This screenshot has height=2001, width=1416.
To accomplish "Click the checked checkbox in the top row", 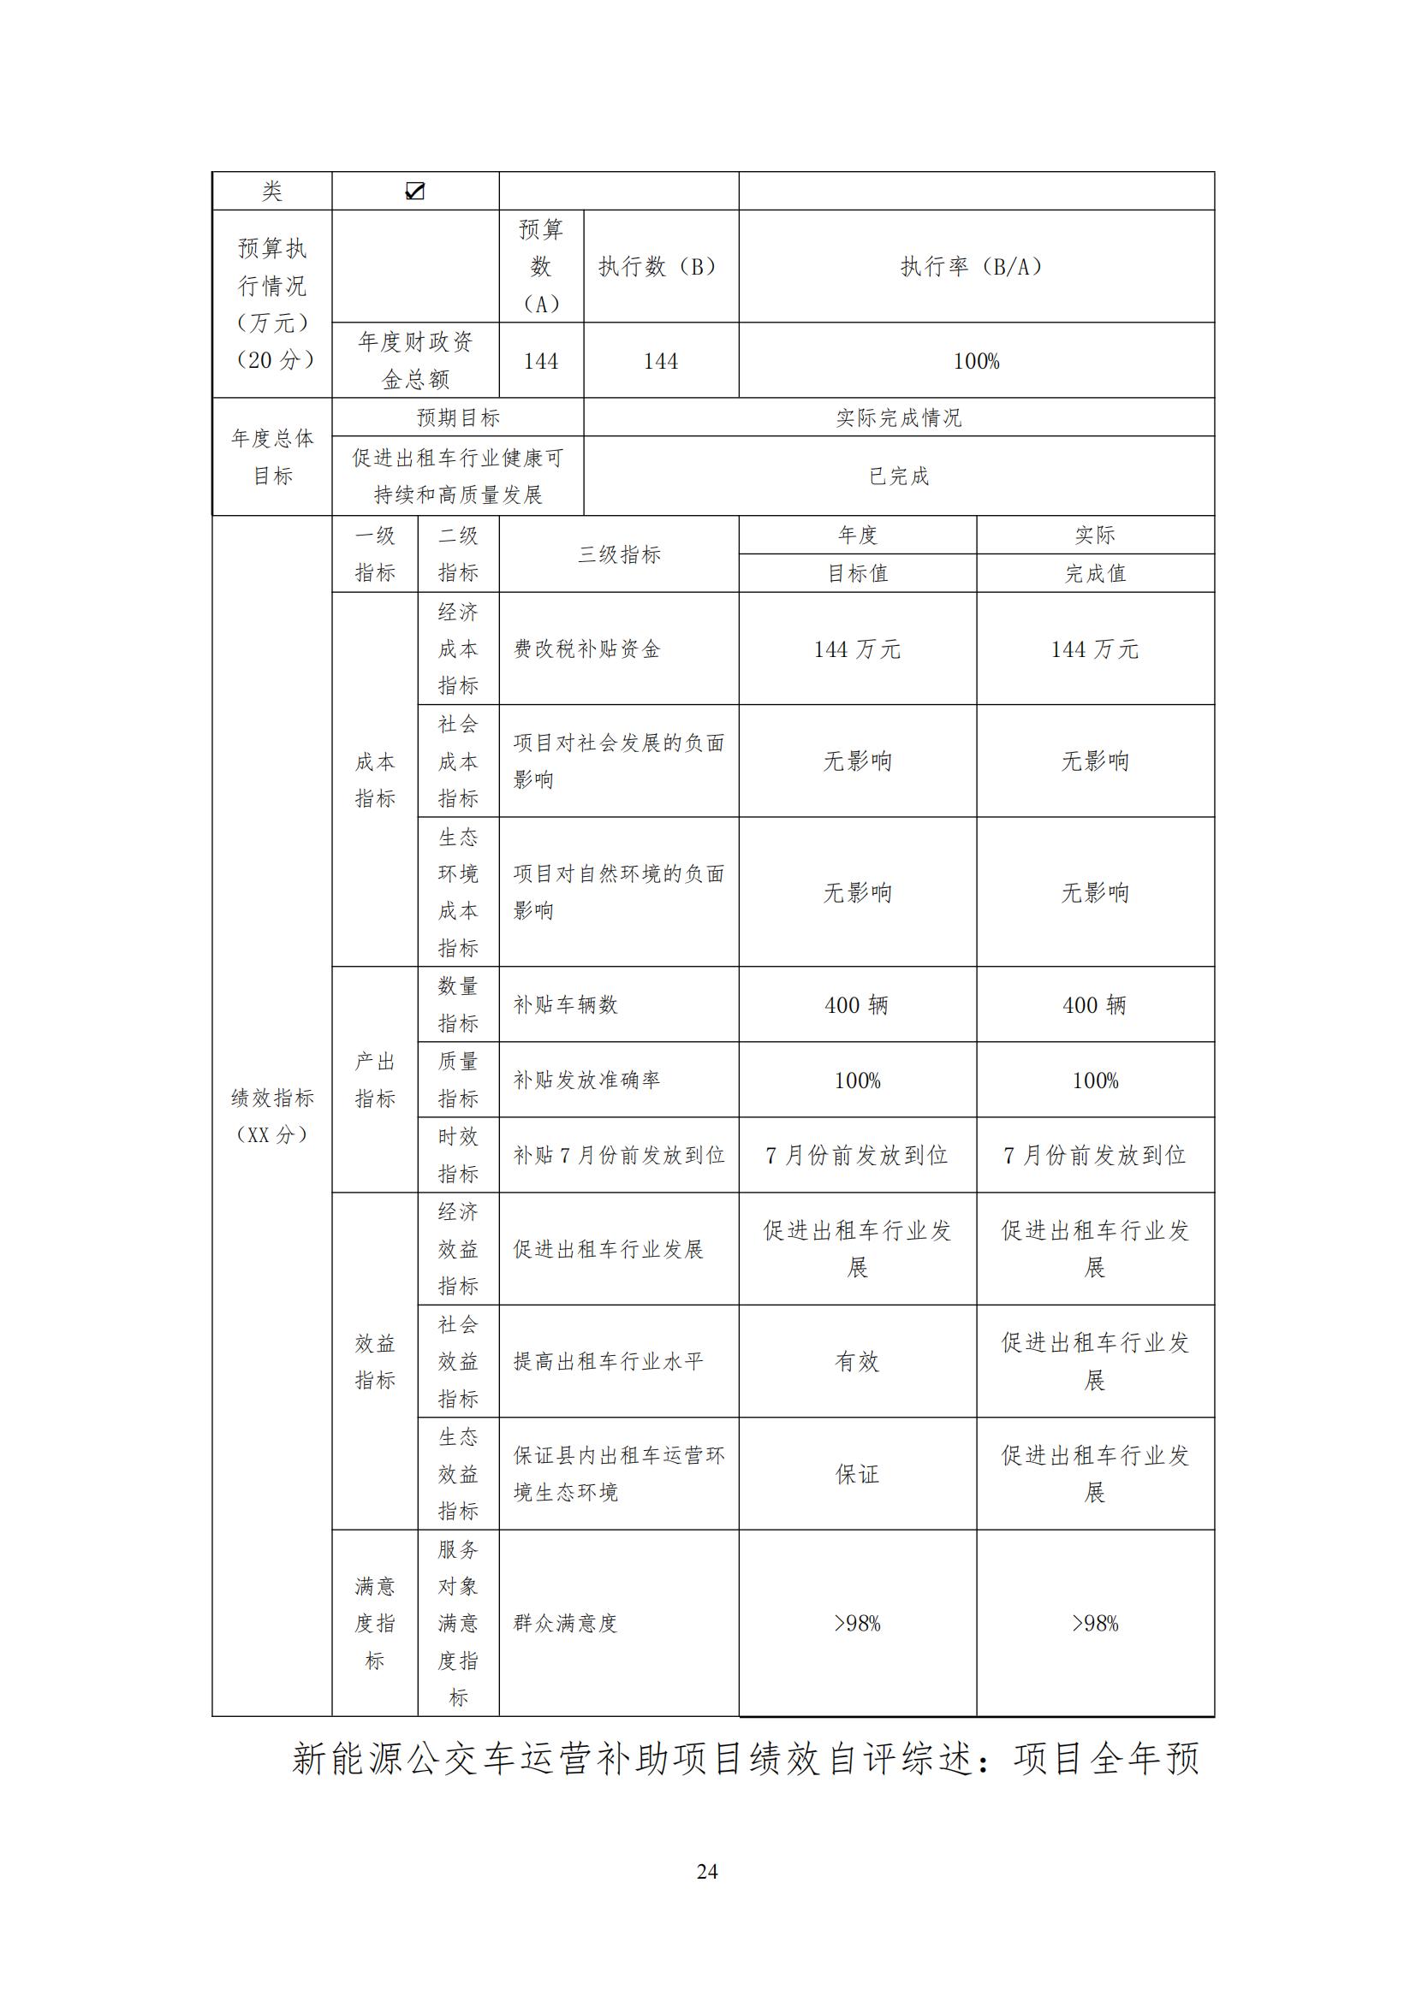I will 415,191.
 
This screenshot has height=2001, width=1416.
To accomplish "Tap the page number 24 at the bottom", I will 707,1871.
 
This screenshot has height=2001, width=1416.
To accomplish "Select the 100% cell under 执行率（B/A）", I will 976,361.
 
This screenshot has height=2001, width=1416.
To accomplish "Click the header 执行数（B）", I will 660,267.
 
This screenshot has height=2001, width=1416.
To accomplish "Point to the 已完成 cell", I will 898,476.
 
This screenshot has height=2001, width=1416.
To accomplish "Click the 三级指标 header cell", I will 618,554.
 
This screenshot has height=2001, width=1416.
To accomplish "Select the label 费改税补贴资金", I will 586,649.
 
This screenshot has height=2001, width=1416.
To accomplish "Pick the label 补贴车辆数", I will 565,1005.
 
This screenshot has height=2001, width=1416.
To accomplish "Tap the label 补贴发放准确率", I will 586,1080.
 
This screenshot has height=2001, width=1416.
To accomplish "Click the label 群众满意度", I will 565,1624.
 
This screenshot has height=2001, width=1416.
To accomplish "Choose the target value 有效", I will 857,1361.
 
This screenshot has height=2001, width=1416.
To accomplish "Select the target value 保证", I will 857,1474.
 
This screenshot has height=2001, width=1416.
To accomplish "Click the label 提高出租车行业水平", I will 608,1361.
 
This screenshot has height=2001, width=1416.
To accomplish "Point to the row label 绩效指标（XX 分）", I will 272,1116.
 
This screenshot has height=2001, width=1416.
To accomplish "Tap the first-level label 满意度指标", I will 375,1624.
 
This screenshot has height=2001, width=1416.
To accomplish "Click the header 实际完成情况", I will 898,417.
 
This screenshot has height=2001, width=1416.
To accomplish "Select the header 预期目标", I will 458,417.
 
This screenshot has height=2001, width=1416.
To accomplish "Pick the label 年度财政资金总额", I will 415,361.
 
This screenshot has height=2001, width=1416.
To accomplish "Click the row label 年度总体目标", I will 272,457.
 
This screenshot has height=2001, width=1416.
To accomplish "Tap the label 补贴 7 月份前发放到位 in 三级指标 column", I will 618,1156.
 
